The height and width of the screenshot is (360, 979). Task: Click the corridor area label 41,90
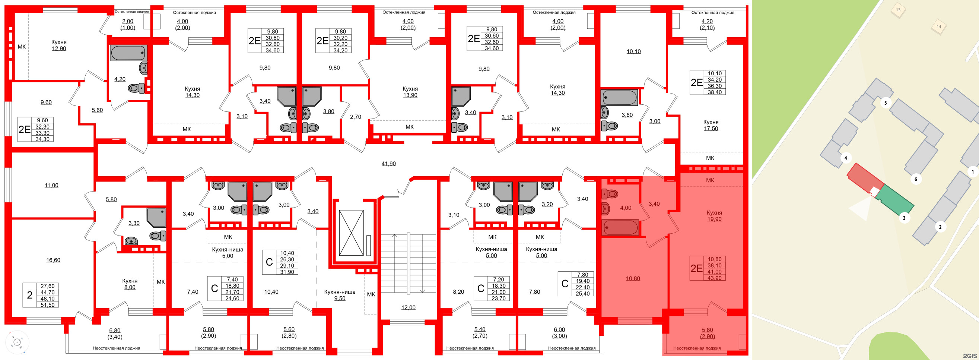tap(388, 164)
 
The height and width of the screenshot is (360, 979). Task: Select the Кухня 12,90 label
tap(59, 45)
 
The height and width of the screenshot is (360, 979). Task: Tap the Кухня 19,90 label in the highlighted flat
tap(714, 216)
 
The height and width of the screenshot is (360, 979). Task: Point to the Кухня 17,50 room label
tap(710, 125)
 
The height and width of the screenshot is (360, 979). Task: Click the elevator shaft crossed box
tap(351, 233)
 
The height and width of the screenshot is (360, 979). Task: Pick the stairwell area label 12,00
tap(408, 307)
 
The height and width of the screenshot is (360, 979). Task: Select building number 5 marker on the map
tap(885, 103)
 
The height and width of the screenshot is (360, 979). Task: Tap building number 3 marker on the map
tap(904, 218)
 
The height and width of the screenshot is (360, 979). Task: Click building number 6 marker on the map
tap(916, 179)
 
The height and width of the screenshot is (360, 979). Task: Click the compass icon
tap(17, 342)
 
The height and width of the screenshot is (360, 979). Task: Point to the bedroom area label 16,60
tap(53, 260)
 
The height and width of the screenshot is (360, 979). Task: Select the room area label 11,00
tap(51, 186)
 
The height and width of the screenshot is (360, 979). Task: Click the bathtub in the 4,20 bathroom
tap(128, 53)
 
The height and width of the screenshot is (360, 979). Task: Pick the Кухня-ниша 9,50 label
tap(340, 296)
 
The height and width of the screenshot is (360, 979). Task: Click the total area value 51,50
tap(48, 305)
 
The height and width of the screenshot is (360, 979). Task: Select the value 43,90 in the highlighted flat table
tap(714, 278)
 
